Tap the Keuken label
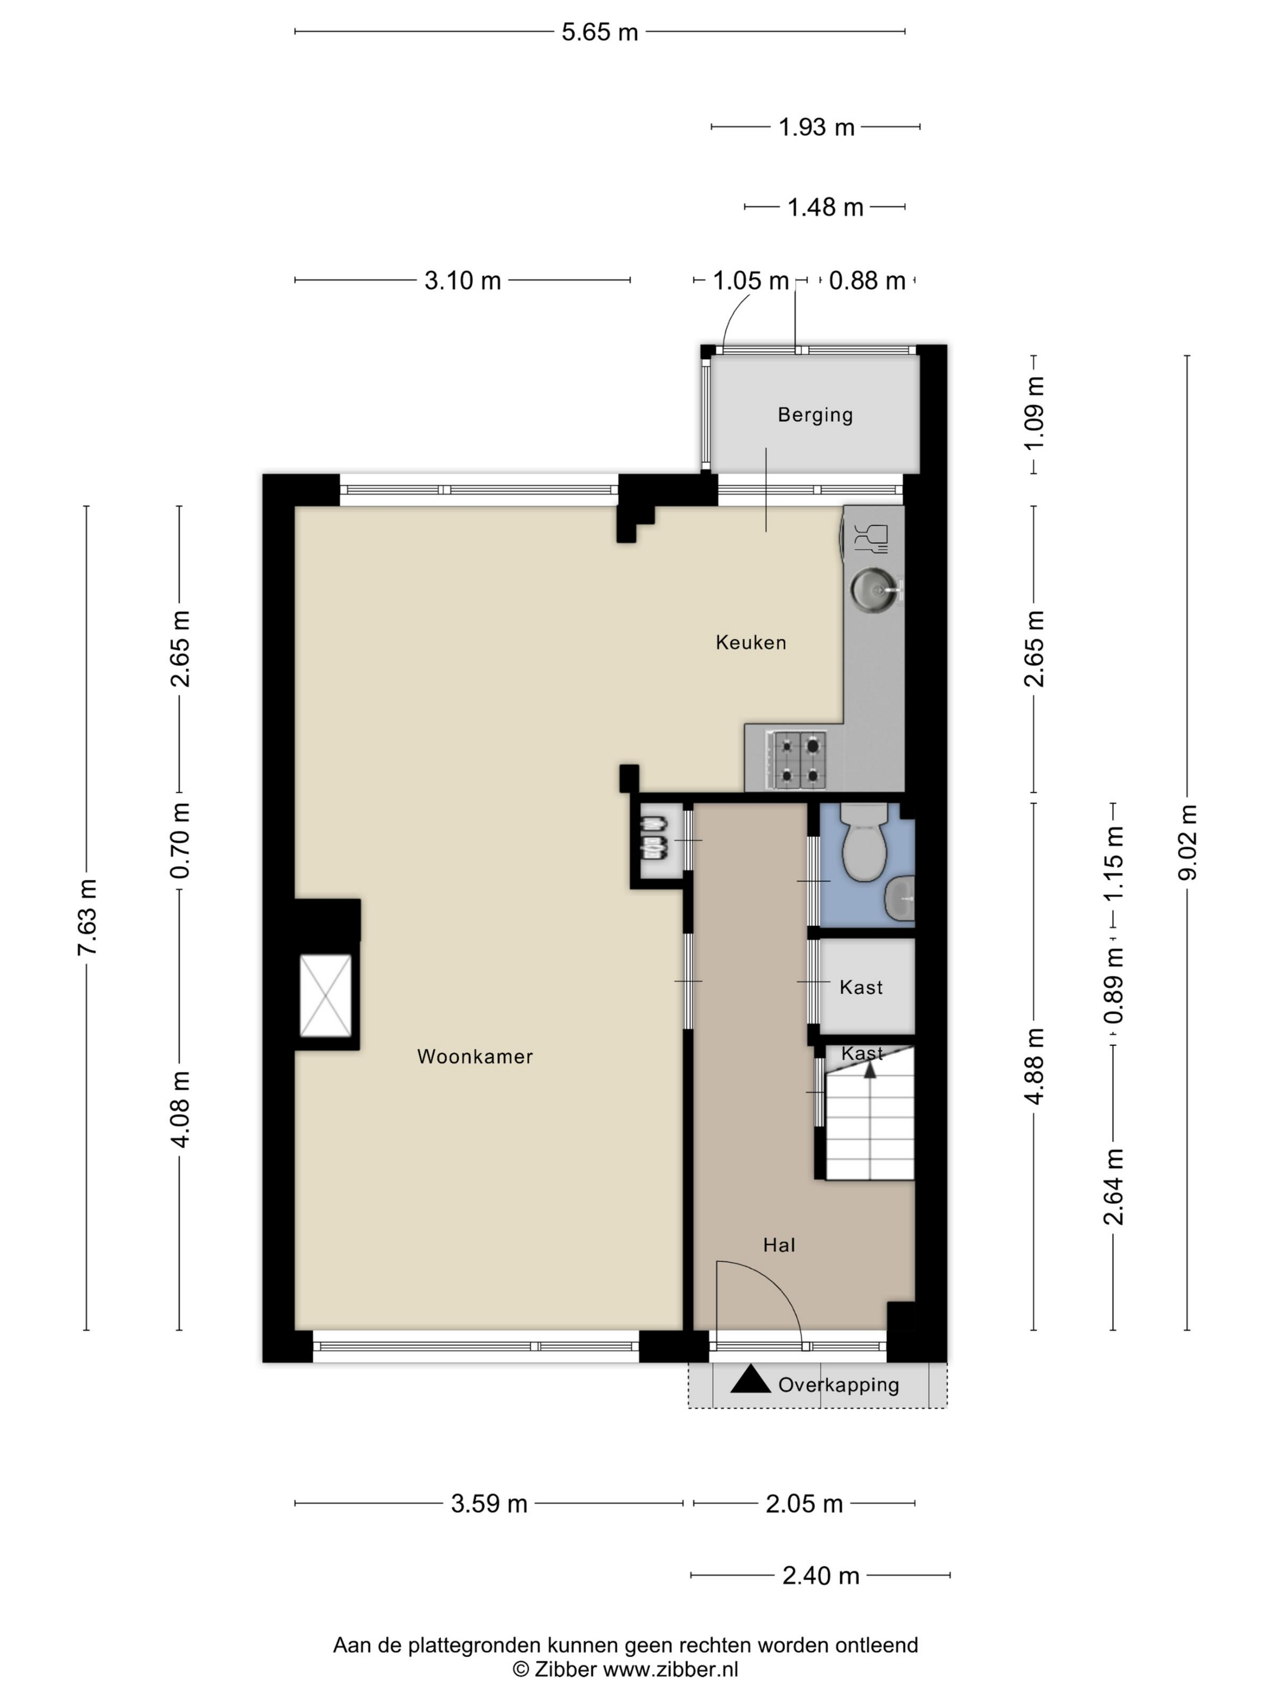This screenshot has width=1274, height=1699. (750, 642)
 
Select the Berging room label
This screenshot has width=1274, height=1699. (815, 415)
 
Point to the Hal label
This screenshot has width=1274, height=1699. (779, 1245)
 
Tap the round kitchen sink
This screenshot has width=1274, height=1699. (874, 590)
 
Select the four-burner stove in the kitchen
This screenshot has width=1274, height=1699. (798, 760)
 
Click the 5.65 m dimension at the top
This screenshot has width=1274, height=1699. (600, 32)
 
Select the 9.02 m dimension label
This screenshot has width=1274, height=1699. (1187, 843)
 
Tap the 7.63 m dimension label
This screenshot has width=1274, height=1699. (87, 918)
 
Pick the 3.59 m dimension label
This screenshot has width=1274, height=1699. (489, 1504)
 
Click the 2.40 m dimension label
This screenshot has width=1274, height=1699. (820, 1576)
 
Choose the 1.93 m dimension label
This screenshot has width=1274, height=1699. (817, 127)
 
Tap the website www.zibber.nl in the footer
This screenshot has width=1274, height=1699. (670, 1669)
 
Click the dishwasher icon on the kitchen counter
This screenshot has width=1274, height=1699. (872, 538)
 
